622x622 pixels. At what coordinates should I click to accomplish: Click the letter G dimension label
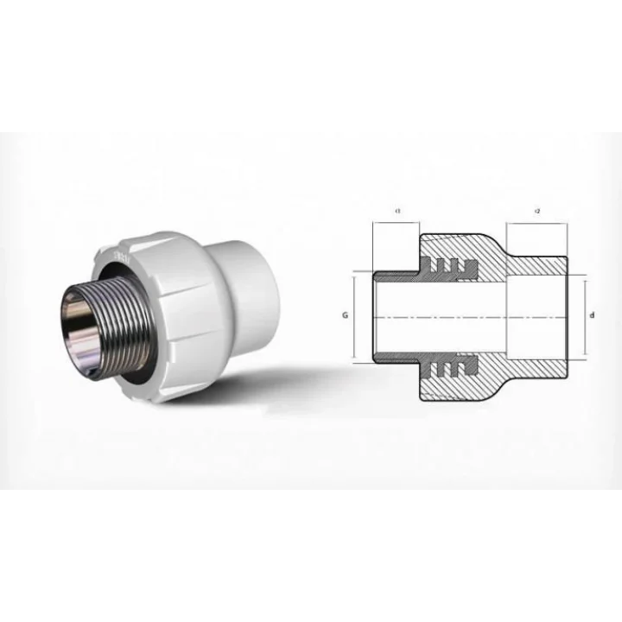(x=345, y=316)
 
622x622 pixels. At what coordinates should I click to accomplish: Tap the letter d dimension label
(x=592, y=316)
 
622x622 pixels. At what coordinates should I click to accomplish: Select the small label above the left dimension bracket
(x=396, y=211)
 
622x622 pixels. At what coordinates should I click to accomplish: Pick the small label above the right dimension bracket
(x=537, y=211)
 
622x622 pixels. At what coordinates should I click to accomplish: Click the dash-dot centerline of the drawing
(x=466, y=317)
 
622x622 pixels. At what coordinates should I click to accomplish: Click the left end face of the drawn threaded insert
(x=373, y=317)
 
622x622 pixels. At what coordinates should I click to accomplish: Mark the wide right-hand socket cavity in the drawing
(x=536, y=317)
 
